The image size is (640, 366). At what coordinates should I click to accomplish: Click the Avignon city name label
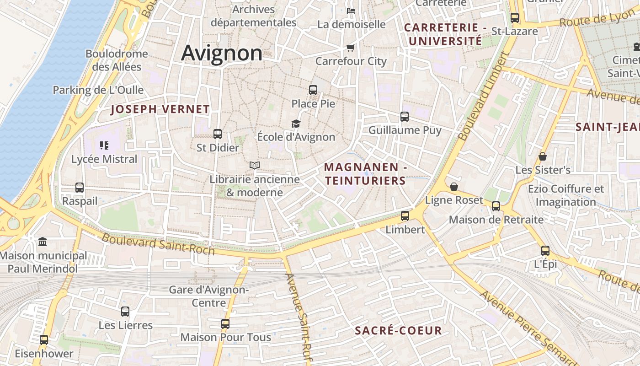[x=222, y=53]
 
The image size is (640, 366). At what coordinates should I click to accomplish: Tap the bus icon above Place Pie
[x=313, y=90]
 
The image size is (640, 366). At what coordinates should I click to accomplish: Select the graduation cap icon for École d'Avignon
[x=296, y=124]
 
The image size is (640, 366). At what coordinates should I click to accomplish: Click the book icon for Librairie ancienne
[x=255, y=166]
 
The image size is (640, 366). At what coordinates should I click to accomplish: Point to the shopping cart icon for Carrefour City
[x=351, y=48]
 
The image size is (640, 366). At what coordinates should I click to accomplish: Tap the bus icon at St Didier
[x=218, y=134]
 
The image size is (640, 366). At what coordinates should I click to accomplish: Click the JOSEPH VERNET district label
[x=160, y=109]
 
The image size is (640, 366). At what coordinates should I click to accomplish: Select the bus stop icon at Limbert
[x=405, y=216]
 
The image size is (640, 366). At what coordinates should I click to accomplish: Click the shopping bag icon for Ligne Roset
[x=454, y=187]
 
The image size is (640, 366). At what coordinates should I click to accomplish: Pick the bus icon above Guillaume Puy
[x=405, y=117]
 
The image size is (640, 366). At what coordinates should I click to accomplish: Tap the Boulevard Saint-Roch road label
[x=158, y=243]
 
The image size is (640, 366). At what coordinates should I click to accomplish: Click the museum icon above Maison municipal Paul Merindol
[x=43, y=242]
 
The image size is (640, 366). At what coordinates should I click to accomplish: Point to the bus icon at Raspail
[x=80, y=188]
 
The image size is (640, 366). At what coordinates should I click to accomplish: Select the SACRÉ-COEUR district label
[x=399, y=331]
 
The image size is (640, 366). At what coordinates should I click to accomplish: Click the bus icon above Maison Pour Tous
[x=225, y=324]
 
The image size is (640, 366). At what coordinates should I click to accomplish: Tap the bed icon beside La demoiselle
[x=351, y=11]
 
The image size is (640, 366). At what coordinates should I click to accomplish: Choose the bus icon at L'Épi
[x=545, y=251]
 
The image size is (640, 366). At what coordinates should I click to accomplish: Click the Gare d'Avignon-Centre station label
[x=208, y=296]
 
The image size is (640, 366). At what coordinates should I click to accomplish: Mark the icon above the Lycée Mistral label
[x=104, y=145]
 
